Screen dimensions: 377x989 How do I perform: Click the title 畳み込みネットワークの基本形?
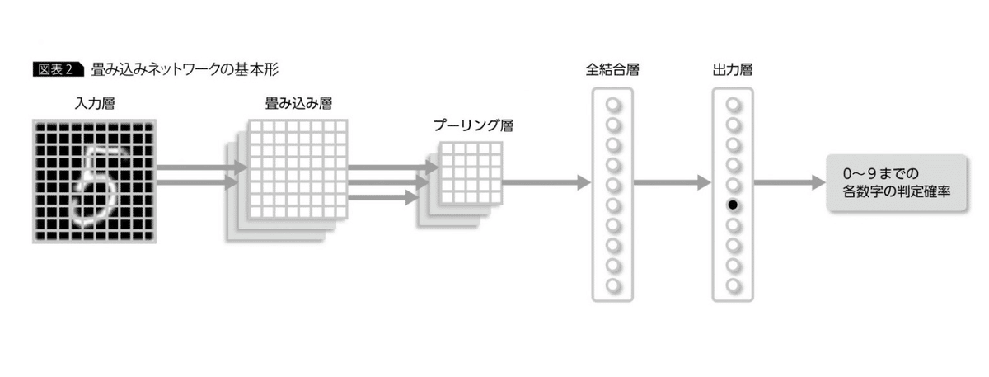pyautogui.click(x=190, y=69)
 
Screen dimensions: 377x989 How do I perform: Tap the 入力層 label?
pyautogui.click(x=93, y=105)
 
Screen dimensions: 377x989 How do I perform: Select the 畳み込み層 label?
pyautogui.click(x=299, y=105)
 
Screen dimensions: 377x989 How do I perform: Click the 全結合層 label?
pyautogui.click(x=612, y=69)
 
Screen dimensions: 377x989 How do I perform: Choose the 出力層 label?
pyautogui.click(x=733, y=69)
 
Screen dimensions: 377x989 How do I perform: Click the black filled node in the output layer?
pyautogui.click(x=733, y=205)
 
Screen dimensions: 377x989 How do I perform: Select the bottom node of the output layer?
pyautogui.click(x=733, y=285)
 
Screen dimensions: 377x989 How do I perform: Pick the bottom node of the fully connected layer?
pyautogui.click(x=612, y=285)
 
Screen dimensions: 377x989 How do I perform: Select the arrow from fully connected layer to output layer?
pyautogui.click(x=671, y=183)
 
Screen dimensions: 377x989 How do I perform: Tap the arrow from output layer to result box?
pyautogui.click(x=790, y=183)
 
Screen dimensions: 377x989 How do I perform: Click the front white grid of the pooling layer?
pyautogui.click(x=471, y=173)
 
